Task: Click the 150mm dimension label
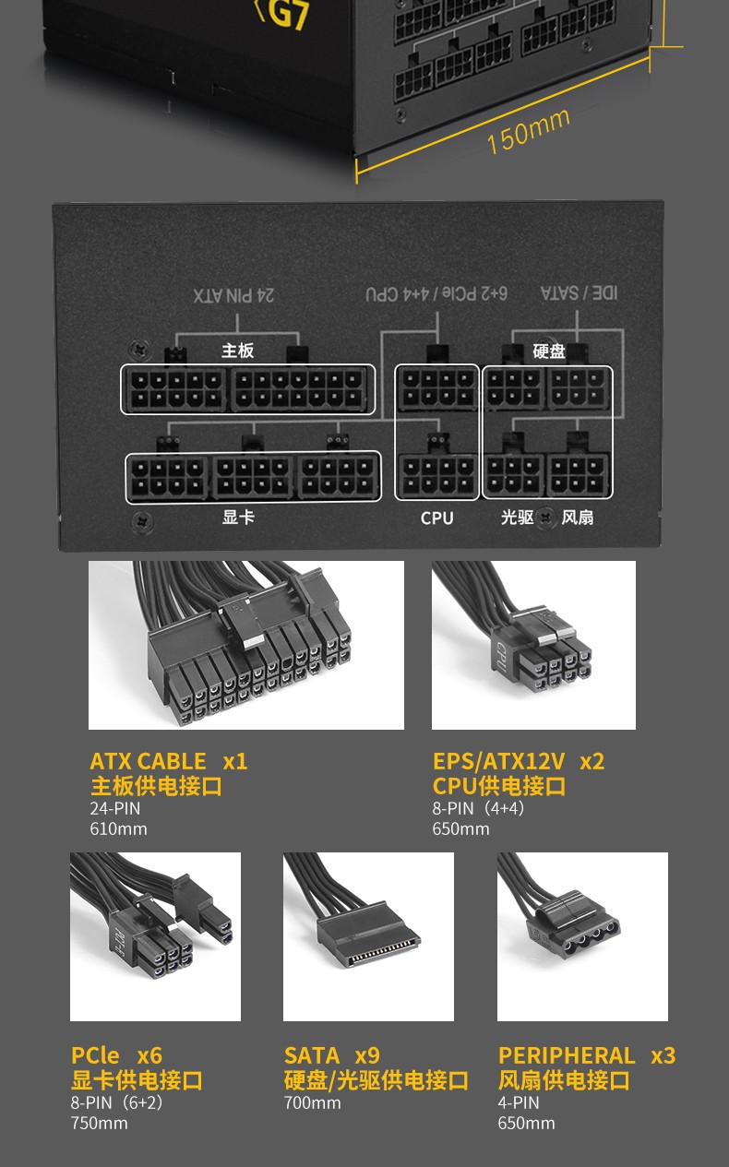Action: pyautogui.click(x=528, y=131)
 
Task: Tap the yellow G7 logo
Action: pyautogui.click(x=281, y=15)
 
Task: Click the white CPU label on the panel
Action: pyautogui.click(x=436, y=518)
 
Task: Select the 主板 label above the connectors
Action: pyautogui.click(x=237, y=351)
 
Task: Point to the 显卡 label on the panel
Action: pyautogui.click(x=238, y=517)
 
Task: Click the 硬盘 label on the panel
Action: pyautogui.click(x=549, y=351)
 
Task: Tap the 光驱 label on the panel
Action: pyautogui.click(x=517, y=518)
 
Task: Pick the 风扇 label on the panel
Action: pyautogui.click(x=578, y=518)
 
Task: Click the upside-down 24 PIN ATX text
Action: pyautogui.click(x=234, y=295)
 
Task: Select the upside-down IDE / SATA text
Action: pyautogui.click(x=579, y=292)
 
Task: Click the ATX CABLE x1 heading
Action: pyautogui.click(x=168, y=761)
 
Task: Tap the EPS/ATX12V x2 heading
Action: pyautogui.click(x=519, y=761)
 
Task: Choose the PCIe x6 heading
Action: pyautogui.click(x=116, y=1055)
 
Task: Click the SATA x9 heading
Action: pyautogui.click(x=332, y=1055)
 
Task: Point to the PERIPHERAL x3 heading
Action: pyautogui.click(x=587, y=1055)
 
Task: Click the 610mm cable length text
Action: pyautogui.click(x=118, y=828)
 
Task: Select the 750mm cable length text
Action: pyautogui.click(x=99, y=1123)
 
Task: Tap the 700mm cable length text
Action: pyautogui.click(x=313, y=1102)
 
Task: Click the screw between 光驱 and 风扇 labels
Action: pyautogui.click(x=546, y=518)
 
